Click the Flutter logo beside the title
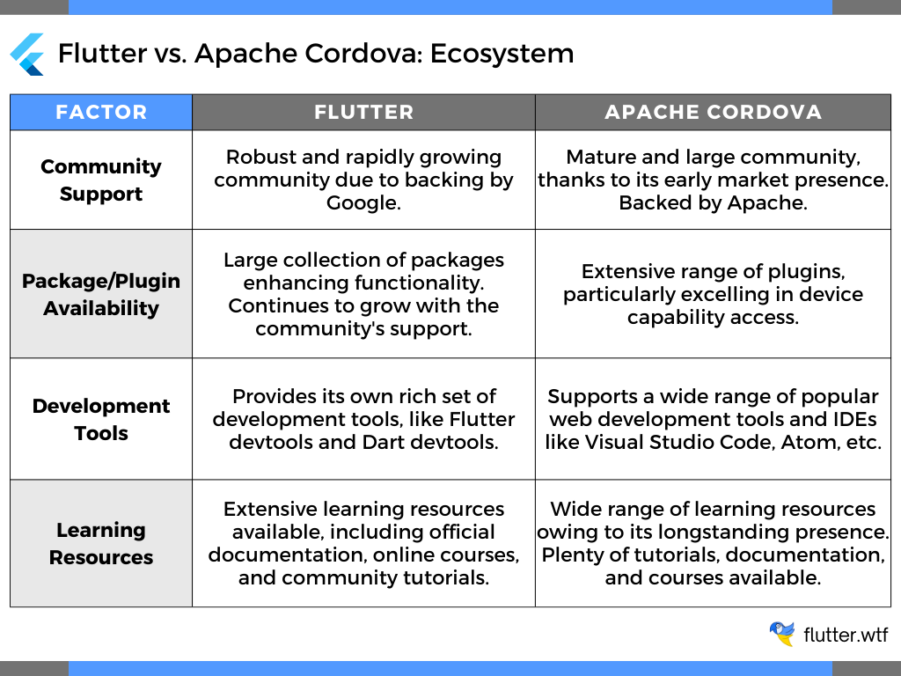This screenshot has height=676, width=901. tap(27, 54)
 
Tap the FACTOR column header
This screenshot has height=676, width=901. tap(101, 113)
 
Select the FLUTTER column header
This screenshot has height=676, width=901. tap(363, 113)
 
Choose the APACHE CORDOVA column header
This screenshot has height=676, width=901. tap(713, 113)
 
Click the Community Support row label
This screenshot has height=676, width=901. tap(101, 180)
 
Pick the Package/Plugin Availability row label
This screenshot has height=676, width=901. tap(101, 294)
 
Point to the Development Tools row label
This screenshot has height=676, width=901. tap(101, 419)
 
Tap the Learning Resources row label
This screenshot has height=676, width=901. tap(101, 543)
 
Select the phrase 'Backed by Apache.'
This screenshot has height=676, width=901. tap(713, 202)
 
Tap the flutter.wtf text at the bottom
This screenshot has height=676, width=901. tap(846, 635)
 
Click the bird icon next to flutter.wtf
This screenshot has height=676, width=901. tap(781, 634)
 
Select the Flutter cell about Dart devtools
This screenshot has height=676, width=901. tap(363, 419)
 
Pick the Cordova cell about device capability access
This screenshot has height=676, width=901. tap(713, 294)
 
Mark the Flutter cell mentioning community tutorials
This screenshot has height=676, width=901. tap(363, 543)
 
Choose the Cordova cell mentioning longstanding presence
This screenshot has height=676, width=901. tap(713, 543)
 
